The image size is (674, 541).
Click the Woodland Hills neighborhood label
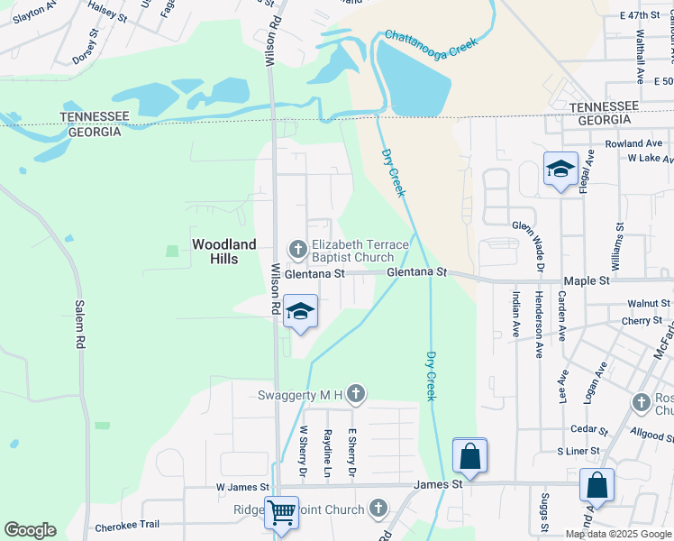[x=223, y=251]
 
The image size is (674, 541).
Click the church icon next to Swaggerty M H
[x=356, y=393]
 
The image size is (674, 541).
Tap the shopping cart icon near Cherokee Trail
[x=281, y=511]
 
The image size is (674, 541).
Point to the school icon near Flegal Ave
[x=560, y=169]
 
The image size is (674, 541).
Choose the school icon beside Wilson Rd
[x=300, y=312]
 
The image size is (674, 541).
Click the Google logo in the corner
[x=30, y=530]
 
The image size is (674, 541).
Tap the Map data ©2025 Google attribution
[x=618, y=534]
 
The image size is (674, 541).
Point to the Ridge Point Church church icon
[x=378, y=509]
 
